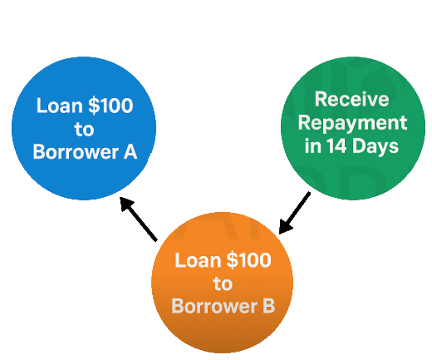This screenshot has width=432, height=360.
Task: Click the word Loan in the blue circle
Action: (x=60, y=106)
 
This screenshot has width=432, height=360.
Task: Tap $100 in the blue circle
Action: (x=110, y=106)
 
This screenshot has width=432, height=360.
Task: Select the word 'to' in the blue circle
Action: (x=84, y=129)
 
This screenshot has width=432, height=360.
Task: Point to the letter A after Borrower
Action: (x=130, y=151)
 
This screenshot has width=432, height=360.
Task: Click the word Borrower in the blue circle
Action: (x=76, y=151)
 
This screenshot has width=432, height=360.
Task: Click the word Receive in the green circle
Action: (x=352, y=99)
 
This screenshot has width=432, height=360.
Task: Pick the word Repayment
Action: (x=352, y=123)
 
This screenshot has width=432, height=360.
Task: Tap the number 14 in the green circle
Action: (x=336, y=145)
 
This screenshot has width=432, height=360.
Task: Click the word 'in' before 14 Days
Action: (x=313, y=145)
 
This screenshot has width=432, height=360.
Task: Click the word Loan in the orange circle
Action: (x=198, y=260)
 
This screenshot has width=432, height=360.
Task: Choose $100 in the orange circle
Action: (x=248, y=260)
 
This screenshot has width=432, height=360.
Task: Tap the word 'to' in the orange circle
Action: (x=223, y=284)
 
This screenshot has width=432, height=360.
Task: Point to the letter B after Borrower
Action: (x=269, y=306)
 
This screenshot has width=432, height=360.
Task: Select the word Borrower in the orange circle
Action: (x=214, y=306)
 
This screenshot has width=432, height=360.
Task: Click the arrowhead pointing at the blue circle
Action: (x=125, y=203)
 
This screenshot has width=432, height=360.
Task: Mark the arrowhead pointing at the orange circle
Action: (x=284, y=227)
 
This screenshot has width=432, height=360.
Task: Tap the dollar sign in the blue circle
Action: (x=93, y=106)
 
